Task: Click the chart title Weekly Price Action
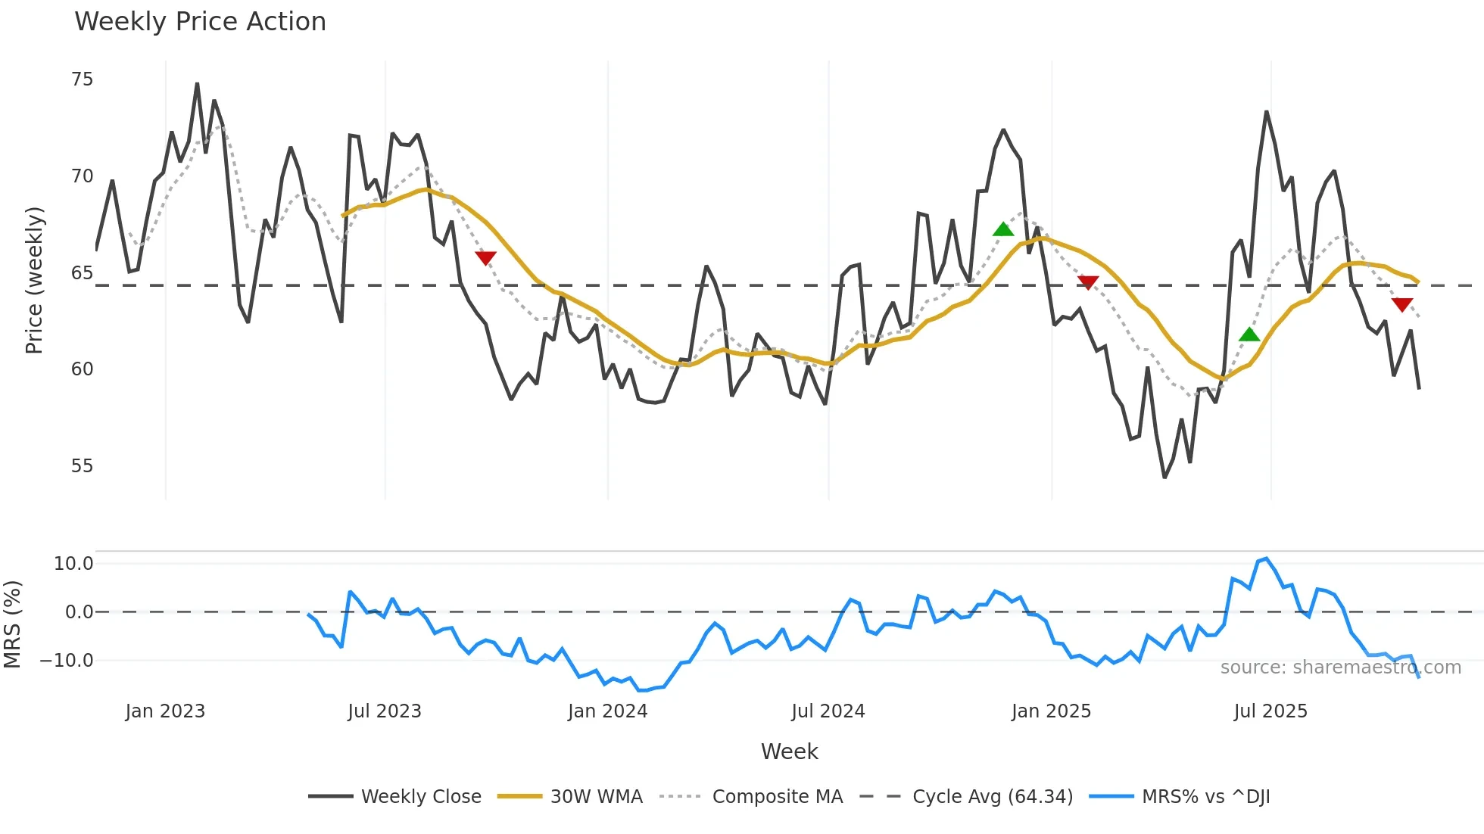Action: pos(200,22)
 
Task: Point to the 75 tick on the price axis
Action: pos(82,79)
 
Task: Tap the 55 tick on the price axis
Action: pos(82,466)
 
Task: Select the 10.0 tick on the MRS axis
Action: pos(73,564)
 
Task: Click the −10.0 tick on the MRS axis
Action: pos(67,661)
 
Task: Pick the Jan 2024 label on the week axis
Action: pos(607,711)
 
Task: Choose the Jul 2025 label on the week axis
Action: pos(1270,711)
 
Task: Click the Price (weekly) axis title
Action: pos(35,280)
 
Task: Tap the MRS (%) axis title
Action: pos(13,624)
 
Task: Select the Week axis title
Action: pos(789,752)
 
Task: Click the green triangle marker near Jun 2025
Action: pos(1249,335)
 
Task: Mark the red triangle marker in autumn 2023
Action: pos(485,258)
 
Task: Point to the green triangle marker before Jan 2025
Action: pos(1003,229)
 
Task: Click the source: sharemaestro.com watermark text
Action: pos(1340,668)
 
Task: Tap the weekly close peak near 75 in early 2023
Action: pos(197,84)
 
